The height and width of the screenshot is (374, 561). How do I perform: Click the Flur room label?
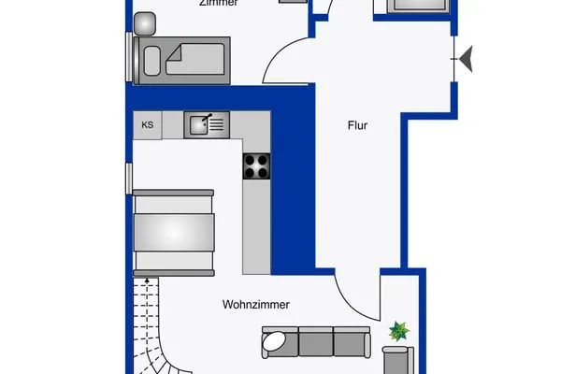pos(356,123)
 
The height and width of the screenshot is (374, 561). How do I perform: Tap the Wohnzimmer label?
pos(256,305)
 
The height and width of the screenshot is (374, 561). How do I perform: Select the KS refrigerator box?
pos(147,124)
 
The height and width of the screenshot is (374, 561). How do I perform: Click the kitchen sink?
pos(207,123)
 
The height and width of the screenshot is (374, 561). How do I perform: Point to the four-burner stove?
pos(257,165)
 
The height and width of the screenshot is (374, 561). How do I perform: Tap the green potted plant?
pos(399,330)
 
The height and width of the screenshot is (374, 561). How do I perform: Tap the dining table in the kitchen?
pos(175,230)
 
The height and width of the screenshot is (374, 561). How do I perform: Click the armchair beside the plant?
pos(396,359)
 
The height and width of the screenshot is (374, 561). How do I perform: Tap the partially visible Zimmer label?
pos(218,4)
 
